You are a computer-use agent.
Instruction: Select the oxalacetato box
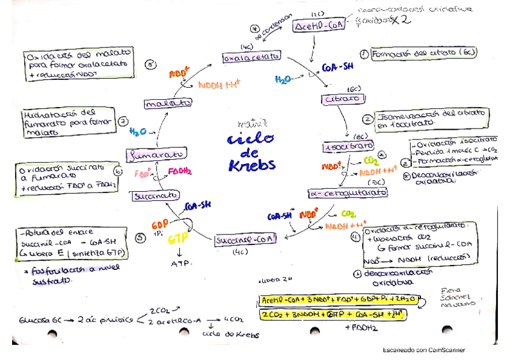click(x=251, y=57)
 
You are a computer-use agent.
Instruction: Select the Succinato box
click(x=155, y=195)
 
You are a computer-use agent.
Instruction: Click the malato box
click(x=164, y=104)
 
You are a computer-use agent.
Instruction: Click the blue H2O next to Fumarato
click(x=138, y=132)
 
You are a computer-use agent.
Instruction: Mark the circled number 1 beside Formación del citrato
click(x=363, y=53)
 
